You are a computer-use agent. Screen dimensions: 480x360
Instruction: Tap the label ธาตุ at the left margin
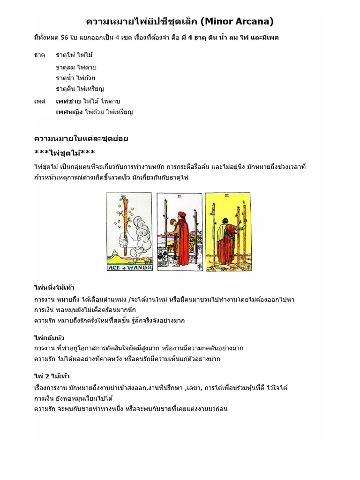(x=39, y=55)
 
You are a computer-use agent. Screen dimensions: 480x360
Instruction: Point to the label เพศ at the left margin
(x=39, y=101)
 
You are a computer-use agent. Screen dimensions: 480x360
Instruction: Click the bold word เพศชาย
(x=68, y=101)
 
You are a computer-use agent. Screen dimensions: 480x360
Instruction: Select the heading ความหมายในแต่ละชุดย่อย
(x=81, y=138)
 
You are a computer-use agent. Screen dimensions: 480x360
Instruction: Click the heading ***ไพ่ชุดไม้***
(x=65, y=153)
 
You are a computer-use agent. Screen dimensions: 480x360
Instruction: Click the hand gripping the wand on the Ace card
(x=124, y=240)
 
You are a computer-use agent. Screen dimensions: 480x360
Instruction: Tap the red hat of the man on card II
(x=180, y=214)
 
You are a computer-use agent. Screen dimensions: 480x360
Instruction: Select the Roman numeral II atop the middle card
(x=180, y=197)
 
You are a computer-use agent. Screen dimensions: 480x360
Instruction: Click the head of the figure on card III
(x=226, y=220)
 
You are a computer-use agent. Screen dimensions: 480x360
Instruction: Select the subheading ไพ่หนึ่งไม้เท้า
(x=54, y=287)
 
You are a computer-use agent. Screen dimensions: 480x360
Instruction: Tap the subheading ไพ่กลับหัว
(x=49, y=337)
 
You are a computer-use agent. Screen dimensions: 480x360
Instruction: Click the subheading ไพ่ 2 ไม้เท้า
(x=52, y=376)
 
